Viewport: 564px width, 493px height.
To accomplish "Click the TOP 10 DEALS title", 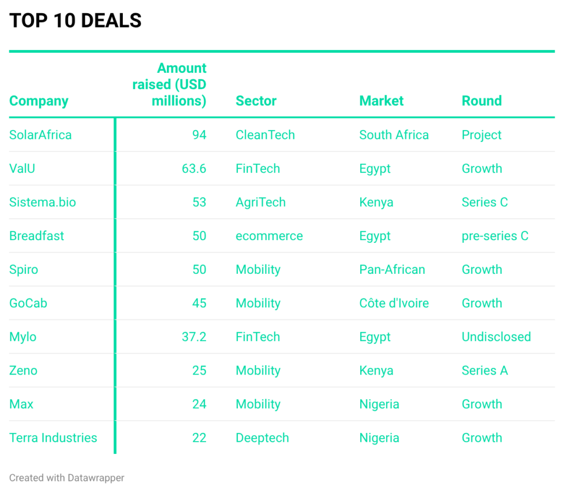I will pos(75,21).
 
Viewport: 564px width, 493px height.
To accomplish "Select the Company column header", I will pos(39,101).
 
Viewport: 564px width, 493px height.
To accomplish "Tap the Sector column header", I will pos(256,101).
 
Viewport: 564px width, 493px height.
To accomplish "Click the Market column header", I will pos(381,101).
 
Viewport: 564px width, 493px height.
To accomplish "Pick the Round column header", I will pos(481,101).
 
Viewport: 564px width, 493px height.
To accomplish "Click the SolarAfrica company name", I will pos(40,135).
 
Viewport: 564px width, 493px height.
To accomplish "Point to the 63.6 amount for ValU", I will pos(194,169).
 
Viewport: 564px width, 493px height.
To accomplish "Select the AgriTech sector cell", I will pos(261,202).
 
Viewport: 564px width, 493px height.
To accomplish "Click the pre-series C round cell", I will pos(495,236).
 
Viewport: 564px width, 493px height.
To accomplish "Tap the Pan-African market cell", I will pos(392,269).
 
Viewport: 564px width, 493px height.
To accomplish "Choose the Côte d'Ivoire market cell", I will pos(394,303).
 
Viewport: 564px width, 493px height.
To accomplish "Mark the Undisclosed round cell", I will pos(496,337).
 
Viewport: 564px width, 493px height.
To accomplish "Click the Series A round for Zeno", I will pos(485,370).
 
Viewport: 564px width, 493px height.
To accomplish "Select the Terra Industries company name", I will pos(53,438).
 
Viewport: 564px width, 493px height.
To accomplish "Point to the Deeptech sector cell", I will pos(262,438).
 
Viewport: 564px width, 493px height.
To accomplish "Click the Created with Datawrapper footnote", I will pos(67,478).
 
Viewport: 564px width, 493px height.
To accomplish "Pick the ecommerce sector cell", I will pos(269,236).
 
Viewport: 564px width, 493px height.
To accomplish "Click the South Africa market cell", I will pos(394,135).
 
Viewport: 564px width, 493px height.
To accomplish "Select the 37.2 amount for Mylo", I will pos(194,337).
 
